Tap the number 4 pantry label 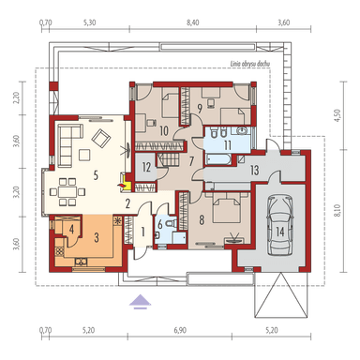pyautogui.click(x=71, y=228)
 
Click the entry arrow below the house pyautogui.click(x=140, y=302)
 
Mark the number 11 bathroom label pyautogui.click(x=228, y=145)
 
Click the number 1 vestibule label pyautogui.click(x=142, y=231)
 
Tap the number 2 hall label pyautogui.click(x=128, y=202)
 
